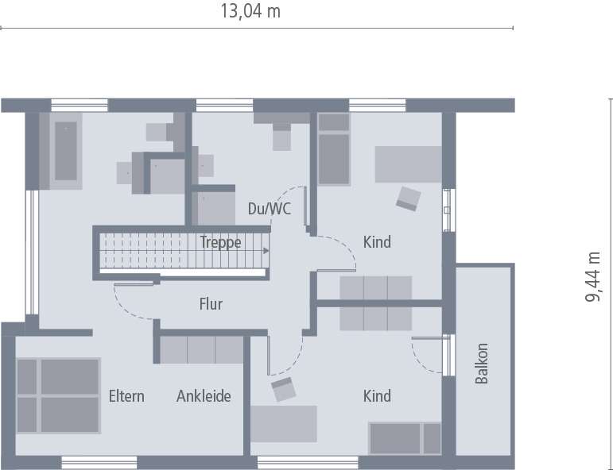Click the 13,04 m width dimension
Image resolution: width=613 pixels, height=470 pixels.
tap(248, 11)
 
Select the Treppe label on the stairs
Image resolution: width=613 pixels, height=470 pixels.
tap(220, 243)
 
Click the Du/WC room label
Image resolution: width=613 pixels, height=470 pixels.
tap(270, 210)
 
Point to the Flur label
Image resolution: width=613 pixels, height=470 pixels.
tap(211, 304)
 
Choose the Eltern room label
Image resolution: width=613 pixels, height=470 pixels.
tap(126, 395)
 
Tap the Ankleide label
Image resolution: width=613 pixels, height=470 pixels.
tap(204, 395)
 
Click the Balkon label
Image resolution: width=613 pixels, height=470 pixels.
tap(482, 364)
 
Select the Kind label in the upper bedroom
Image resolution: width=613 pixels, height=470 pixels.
tap(377, 241)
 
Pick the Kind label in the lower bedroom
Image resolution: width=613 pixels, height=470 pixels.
tap(377, 395)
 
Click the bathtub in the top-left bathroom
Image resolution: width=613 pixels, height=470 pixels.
tap(65, 152)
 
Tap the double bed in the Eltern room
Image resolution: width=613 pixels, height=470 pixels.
tap(59, 395)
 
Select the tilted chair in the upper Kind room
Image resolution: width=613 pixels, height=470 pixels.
tap(409, 197)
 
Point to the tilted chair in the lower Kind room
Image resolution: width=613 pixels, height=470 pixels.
tap(282, 390)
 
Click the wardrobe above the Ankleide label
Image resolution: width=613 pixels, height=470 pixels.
tap(201, 349)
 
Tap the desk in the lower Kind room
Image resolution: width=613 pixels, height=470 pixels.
tap(285, 424)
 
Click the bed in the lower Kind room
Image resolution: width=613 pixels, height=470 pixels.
tap(405, 437)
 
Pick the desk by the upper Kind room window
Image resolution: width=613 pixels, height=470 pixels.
tap(408, 164)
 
